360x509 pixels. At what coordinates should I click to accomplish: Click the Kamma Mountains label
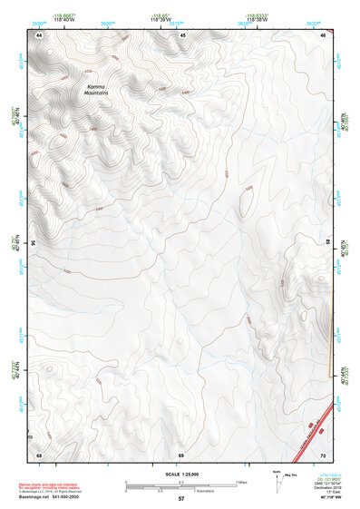[96, 89]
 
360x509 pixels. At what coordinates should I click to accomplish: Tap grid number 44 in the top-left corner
[39, 34]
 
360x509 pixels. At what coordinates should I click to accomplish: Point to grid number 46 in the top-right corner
[324, 34]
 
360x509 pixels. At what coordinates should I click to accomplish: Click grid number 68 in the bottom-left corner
[39, 454]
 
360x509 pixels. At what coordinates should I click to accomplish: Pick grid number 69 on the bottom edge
[180, 454]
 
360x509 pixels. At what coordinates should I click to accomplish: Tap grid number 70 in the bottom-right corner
[324, 454]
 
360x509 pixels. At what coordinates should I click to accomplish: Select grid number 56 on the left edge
[34, 243]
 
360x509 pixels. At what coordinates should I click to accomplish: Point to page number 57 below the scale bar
[181, 499]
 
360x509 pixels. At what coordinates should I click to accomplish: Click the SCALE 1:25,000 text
[180, 472]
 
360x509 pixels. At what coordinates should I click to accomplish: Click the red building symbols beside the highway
[313, 425]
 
